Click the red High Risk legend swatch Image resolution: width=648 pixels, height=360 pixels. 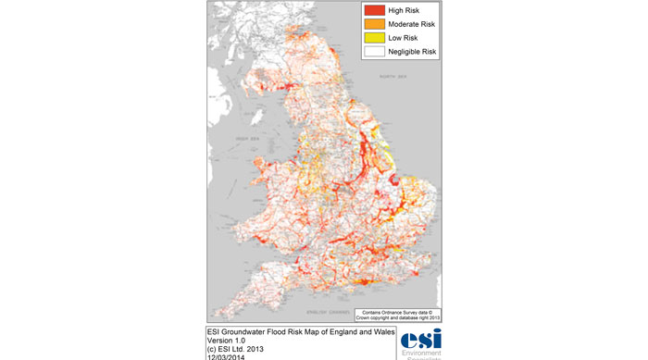[x=373, y=9]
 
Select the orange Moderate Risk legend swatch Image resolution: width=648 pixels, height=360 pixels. [x=373, y=23]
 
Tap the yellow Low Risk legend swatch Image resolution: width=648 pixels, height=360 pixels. [x=373, y=38]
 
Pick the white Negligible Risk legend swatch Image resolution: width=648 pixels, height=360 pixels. [x=373, y=52]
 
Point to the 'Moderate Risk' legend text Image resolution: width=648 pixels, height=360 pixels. [x=416, y=23]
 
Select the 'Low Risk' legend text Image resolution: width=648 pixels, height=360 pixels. [x=405, y=38]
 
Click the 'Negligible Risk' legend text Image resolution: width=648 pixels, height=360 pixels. [x=417, y=52]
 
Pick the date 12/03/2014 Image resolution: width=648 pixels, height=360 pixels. [x=228, y=357]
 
